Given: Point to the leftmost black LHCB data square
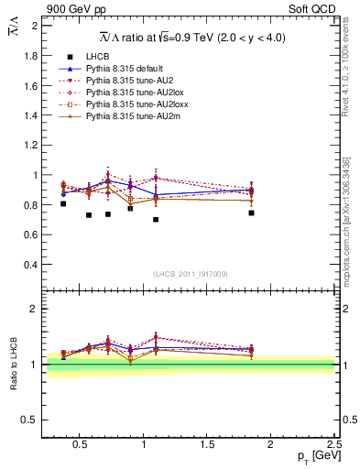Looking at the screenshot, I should coord(63,203).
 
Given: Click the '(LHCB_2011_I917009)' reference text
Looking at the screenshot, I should coord(190,274).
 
